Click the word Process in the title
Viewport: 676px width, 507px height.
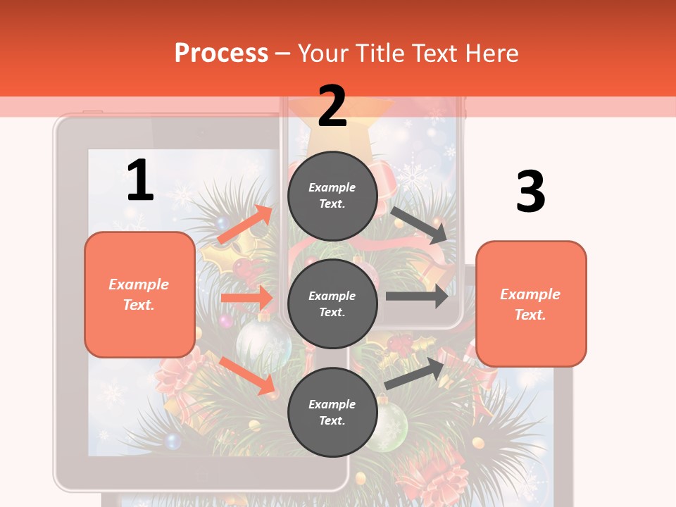tap(221, 53)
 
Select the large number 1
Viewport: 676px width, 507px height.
tap(140, 180)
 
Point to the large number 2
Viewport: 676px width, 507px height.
tap(332, 106)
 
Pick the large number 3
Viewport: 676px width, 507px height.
tap(530, 192)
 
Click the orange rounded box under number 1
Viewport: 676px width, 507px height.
tap(139, 294)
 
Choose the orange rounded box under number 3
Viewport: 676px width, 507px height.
tap(531, 303)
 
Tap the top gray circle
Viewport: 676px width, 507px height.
tap(332, 195)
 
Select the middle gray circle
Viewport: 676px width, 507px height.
tap(332, 303)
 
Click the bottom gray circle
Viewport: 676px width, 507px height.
tap(332, 412)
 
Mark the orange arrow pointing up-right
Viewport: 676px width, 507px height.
tap(245, 225)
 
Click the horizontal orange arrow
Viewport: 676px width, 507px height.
tap(246, 298)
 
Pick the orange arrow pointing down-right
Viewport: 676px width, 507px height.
tap(247, 375)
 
